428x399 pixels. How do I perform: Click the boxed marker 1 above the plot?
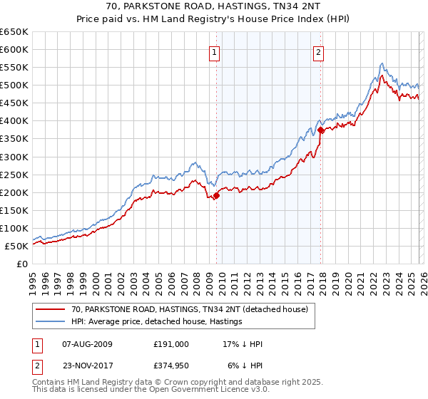(x=215, y=51)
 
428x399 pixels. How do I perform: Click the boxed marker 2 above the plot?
(x=318, y=51)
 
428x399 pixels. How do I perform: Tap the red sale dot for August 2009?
(x=216, y=196)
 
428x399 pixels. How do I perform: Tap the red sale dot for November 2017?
(x=321, y=130)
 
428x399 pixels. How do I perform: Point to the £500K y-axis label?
(x=14, y=85)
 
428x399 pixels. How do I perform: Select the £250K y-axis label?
(x=14, y=175)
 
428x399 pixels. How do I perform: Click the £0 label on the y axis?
(x=21, y=264)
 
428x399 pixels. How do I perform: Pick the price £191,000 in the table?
(x=171, y=344)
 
